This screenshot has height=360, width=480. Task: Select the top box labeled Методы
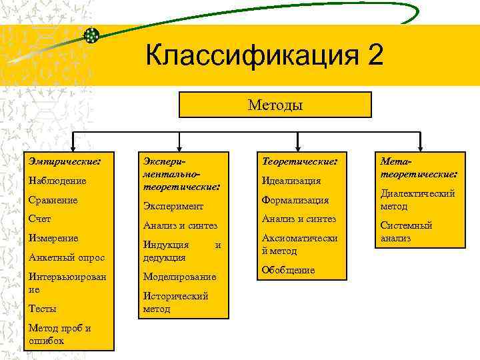(x=275, y=105)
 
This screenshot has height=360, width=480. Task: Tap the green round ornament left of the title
(x=93, y=35)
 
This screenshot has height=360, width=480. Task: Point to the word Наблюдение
(x=58, y=181)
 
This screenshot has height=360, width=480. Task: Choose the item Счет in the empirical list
(x=40, y=219)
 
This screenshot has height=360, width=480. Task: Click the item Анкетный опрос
(x=63, y=257)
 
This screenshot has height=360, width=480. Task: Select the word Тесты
(x=42, y=309)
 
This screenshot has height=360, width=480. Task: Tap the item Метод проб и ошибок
(x=59, y=334)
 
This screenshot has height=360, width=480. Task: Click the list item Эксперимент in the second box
(x=173, y=207)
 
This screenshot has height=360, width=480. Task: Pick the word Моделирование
(x=179, y=277)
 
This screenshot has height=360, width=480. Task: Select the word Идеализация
(x=291, y=181)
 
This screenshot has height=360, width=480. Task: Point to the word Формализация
(x=295, y=200)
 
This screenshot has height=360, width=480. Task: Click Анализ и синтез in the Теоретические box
(x=299, y=219)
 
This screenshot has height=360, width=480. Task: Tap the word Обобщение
(x=289, y=270)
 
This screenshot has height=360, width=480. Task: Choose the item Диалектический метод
(x=417, y=199)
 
